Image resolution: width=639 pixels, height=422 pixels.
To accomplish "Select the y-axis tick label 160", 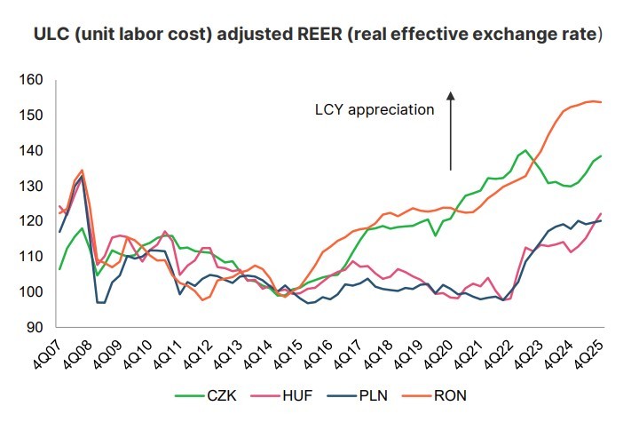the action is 31,80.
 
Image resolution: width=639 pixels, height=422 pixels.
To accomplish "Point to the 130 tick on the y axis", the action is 31,186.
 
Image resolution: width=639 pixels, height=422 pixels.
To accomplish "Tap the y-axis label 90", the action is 35,327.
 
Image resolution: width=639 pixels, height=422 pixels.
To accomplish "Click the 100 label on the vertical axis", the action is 31,291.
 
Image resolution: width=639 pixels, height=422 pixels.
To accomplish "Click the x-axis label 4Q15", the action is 288,354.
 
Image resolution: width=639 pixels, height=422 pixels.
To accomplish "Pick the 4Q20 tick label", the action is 438,354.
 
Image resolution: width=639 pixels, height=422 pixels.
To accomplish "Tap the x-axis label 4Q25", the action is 589,354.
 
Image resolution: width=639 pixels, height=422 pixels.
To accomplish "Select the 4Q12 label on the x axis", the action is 197,354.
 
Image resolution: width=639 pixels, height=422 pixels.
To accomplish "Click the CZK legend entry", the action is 206,395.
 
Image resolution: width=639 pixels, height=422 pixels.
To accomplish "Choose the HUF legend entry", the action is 281,395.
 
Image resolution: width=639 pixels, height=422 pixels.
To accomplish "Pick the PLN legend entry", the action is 358,395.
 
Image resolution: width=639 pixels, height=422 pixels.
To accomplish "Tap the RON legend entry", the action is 434,395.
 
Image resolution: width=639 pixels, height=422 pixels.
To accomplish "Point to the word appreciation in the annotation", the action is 390,110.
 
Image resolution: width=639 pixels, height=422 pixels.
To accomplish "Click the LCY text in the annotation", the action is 329,109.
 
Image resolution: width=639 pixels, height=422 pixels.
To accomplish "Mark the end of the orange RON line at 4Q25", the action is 602,102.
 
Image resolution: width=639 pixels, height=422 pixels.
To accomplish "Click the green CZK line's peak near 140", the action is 525,150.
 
